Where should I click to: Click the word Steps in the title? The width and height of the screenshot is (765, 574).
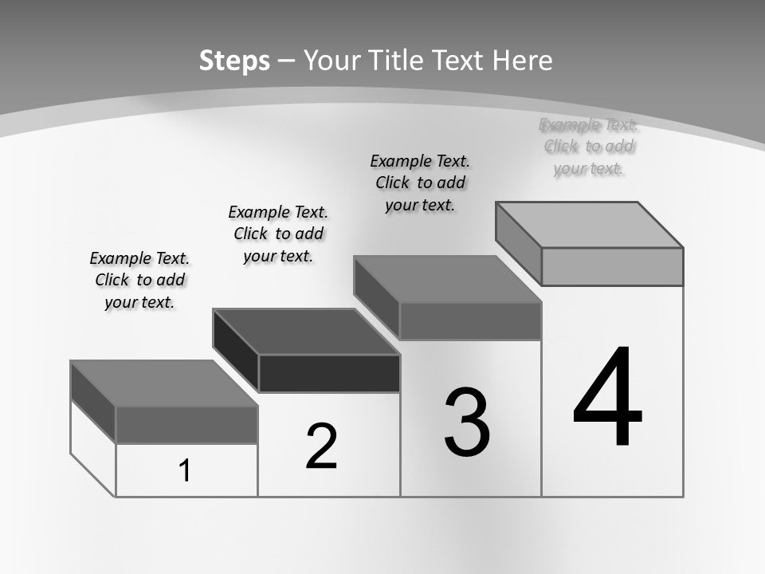[x=234, y=61]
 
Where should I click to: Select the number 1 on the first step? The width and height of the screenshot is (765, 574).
[x=185, y=471]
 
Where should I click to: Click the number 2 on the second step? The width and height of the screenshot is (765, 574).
[x=322, y=446]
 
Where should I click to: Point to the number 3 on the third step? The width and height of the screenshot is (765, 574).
[x=467, y=423]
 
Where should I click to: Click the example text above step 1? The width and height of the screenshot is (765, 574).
[x=139, y=280]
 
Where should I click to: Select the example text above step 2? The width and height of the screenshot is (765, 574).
[x=278, y=234]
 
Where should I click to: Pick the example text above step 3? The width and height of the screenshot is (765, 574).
[x=420, y=183]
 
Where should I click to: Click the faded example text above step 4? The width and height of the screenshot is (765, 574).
[x=589, y=146]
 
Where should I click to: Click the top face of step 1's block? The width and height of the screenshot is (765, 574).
[x=163, y=383]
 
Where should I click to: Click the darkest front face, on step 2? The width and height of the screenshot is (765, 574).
[x=329, y=373]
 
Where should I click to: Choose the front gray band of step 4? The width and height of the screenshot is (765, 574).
[x=612, y=266]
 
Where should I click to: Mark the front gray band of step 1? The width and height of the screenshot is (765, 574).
[x=186, y=424]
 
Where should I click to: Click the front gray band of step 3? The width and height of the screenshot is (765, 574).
[x=470, y=321]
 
